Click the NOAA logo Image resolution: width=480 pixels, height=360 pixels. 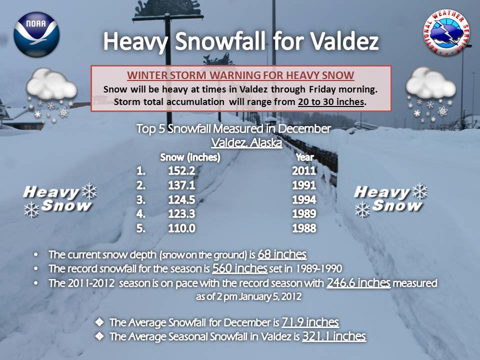click(36, 34)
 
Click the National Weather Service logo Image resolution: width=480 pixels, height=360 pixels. click(446, 33)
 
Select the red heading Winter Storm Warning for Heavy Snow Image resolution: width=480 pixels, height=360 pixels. click(240, 75)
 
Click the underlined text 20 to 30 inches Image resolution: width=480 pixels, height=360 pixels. click(331, 101)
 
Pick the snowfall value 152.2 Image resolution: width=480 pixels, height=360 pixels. click(181, 171)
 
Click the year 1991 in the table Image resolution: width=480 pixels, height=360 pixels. click(304, 185)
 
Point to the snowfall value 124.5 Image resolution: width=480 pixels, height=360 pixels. click(181, 199)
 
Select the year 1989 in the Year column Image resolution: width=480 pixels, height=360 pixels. click(304, 213)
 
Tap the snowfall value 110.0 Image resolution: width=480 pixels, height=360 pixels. click(181, 228)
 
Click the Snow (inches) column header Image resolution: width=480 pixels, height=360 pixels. click(190, 157)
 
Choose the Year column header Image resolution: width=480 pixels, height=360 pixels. click(304, 157)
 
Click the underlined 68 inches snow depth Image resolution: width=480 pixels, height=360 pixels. click(282, 254)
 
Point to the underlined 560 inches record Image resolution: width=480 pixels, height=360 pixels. click(239, 268)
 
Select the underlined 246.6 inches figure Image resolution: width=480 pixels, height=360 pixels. click(358, 283)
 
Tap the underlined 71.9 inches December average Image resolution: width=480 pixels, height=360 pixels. click(310, 322)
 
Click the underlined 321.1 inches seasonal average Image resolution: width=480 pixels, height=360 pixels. click(334, 336)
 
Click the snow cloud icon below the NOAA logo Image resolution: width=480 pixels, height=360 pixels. click(51, 95)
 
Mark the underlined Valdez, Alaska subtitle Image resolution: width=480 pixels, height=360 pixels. click(246, 143)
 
